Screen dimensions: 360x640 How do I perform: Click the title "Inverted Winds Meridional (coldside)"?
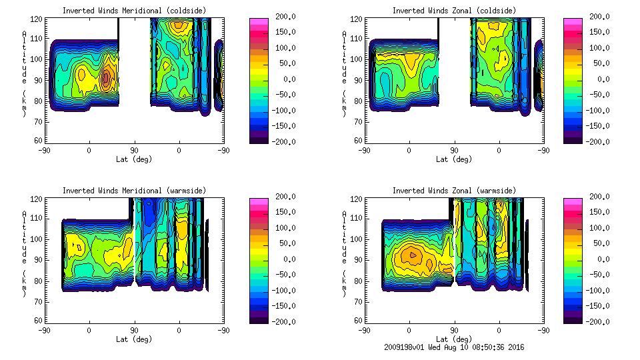tap(134, 11)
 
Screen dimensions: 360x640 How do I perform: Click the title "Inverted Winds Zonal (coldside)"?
tap(454, 11)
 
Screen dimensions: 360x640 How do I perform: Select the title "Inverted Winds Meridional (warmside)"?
tap(134, 191)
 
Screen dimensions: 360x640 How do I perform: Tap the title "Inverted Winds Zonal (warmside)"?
tap(454, 191)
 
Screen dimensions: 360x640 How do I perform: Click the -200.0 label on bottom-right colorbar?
tap(598, 322)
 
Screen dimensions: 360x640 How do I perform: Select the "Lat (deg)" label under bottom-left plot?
tap(134, 339)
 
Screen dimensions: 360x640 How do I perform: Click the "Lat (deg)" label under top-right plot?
tap(454, 159)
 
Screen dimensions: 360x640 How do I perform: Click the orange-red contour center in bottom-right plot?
tap(412, 255)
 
